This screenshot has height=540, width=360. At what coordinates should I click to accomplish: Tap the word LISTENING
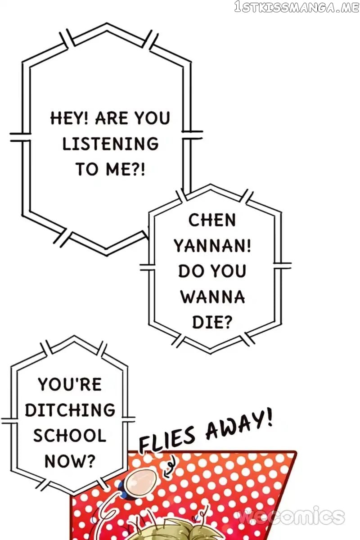(x=111, y=144)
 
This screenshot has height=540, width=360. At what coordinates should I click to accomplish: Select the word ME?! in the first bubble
(x=126, y=169)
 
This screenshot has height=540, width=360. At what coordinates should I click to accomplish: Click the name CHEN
(x=212, y=220)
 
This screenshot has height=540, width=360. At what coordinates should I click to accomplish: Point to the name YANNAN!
(x=212, y=246)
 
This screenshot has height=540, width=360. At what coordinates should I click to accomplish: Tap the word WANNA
(x=213, y=297)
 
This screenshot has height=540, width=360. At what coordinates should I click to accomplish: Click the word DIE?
(x=212, y=322)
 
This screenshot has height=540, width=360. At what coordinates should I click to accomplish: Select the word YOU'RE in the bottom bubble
(x=70, y=384)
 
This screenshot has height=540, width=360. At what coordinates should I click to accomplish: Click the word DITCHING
(x=70, y=410)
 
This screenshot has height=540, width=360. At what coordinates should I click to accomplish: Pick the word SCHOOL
(x=70, y=436)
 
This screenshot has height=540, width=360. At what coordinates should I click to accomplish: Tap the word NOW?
(x=70, y=461)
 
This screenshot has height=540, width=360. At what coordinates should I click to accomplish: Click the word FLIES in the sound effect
(x=166, y=439)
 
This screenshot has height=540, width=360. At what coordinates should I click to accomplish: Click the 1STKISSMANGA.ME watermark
(x=297, y=7)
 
